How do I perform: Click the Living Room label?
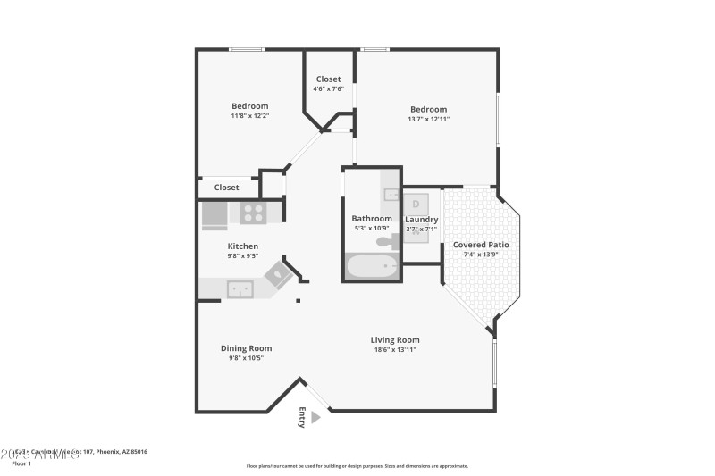pos(395,340)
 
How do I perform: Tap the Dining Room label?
pos(246,348)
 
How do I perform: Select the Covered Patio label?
pos(481,245)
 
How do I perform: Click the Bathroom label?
pos(371,219)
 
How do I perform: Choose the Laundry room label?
pos(421,220)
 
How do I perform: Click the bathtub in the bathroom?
pos(372,266)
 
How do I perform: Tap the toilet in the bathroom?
pos(387,241)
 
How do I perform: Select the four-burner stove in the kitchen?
pos(253,213)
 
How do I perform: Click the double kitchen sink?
pos(239,288)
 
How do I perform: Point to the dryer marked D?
pos(416,204)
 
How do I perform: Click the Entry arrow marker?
pos(301,413)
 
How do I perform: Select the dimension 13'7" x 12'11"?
pos(428,119)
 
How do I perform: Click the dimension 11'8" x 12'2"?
pos(249,115)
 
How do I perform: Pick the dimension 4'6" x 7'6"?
pos(328,88)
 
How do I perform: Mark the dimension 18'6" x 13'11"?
pos(395,349)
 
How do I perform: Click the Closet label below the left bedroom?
pos(226,188)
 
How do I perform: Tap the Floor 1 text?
pos(21,464)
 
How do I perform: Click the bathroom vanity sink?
pos(390,194)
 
